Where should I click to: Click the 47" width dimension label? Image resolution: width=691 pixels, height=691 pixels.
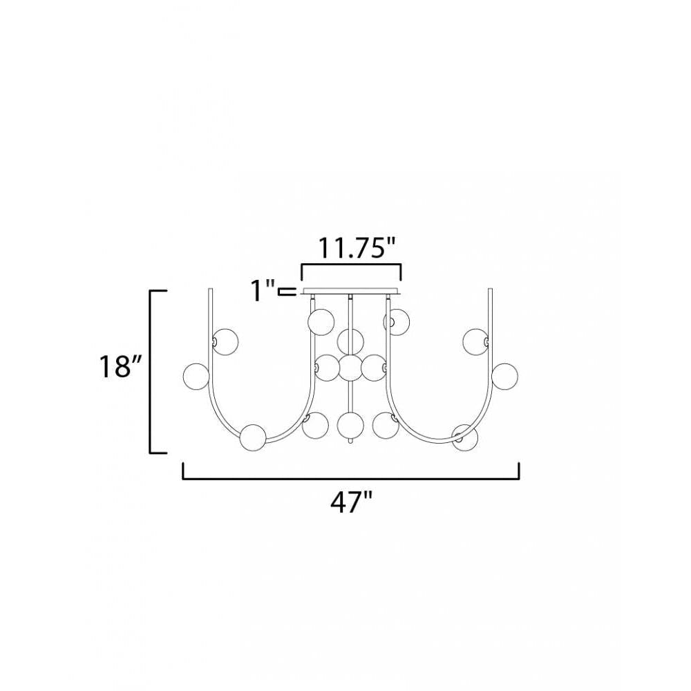tap(351, 503)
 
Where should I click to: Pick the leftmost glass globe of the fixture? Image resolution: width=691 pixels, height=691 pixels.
tap(196, 375)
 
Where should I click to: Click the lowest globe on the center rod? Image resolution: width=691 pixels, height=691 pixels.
tap(350, 424)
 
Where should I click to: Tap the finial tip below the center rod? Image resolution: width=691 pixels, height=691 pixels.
tap(351, 442)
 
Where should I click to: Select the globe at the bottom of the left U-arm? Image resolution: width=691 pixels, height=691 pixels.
tap(253, 437)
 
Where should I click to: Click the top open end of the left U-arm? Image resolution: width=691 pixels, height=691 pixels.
tap(211, 290)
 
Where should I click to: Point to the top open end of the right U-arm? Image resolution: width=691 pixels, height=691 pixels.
tap(491, 290)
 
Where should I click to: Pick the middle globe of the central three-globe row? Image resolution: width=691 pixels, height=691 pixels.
tap(350, 368)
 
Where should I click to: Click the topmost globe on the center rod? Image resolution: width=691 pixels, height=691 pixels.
tap(350, 341)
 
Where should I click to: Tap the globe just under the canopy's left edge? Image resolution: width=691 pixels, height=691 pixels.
tap(321, 321)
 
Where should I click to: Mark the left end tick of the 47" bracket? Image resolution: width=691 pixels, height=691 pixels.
tap(183, 470)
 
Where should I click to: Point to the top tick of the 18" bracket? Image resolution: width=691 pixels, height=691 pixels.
tap(159, 291)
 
